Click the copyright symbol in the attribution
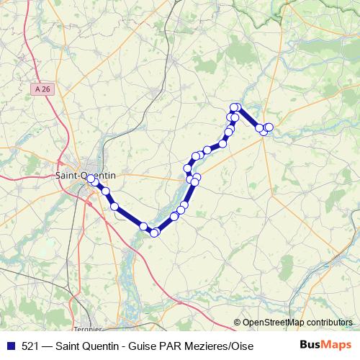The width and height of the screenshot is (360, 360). click(238, 323)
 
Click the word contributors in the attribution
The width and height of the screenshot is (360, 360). click(328, 323)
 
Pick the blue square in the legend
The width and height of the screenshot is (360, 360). click(9, 346)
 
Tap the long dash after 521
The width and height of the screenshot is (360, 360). click(48, 346)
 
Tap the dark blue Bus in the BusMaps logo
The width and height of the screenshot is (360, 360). click(310, 345)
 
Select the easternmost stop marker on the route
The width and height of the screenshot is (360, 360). click(269, 127)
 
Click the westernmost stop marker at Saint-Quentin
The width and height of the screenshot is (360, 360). click(90, 179)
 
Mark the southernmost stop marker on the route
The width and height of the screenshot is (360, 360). click(154, 232)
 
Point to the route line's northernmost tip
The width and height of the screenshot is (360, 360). click(235, 107)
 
